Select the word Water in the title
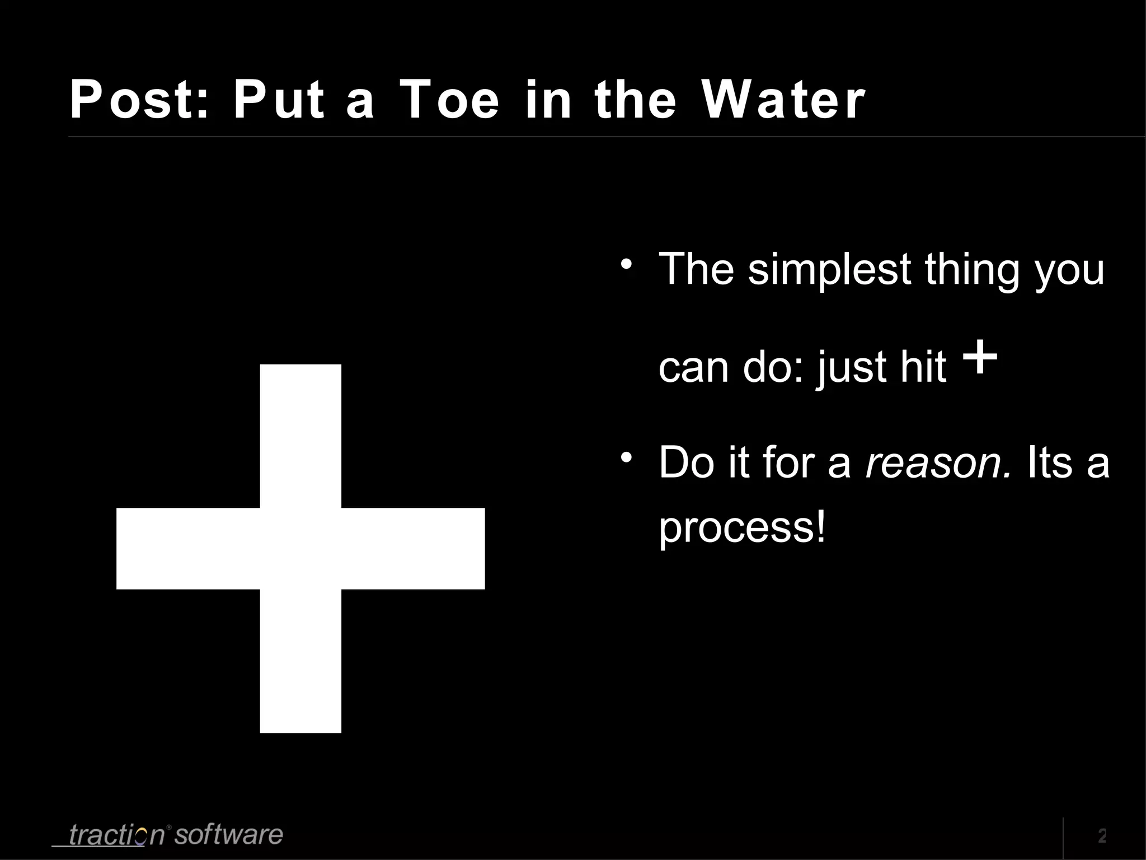click(x=783, y=100)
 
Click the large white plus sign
click(x=300, y=548)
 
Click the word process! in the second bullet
click(x=742, y=527)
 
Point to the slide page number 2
click(x=1101, y=835)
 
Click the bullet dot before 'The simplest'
click(x=627, y=263)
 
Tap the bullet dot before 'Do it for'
click(x=627, y=457)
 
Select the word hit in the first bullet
click(x=923, y=367)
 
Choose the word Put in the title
click(x=278, y=100)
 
